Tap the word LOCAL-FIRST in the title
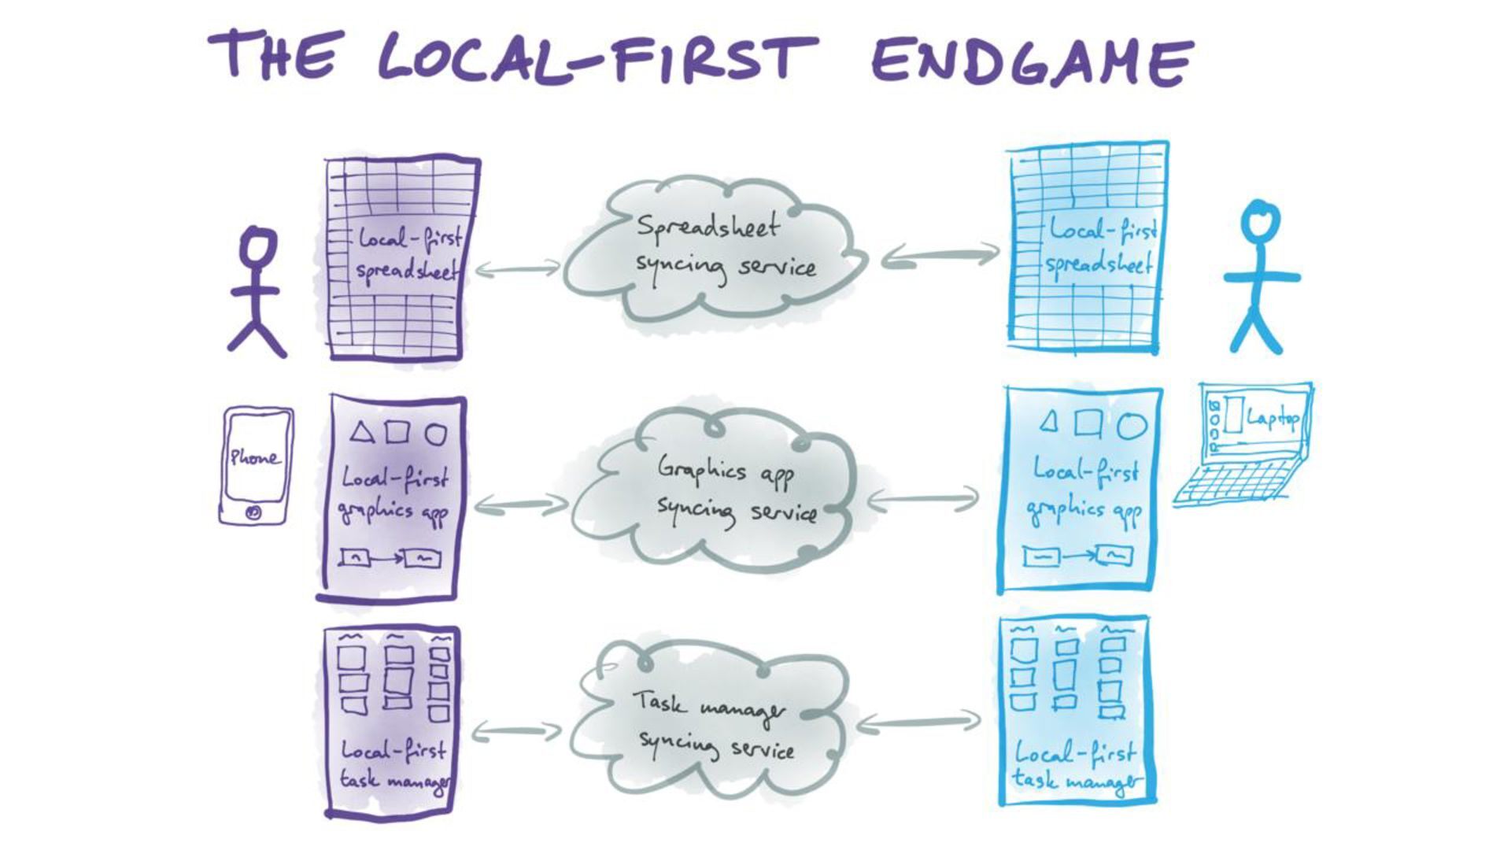(598, 57)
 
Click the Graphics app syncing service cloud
(720, 492)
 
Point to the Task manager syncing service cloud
(712, 724)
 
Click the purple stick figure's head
(257, 246)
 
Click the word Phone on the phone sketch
(253, 457)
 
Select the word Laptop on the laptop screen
(1272, 418)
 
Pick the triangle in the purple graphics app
(361, 432)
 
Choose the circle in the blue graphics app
(1132, 425)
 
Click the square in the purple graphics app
(397, 432)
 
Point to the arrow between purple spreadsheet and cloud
(517, 270)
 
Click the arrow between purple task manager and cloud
(515, 732)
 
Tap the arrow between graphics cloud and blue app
(922, 498)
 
